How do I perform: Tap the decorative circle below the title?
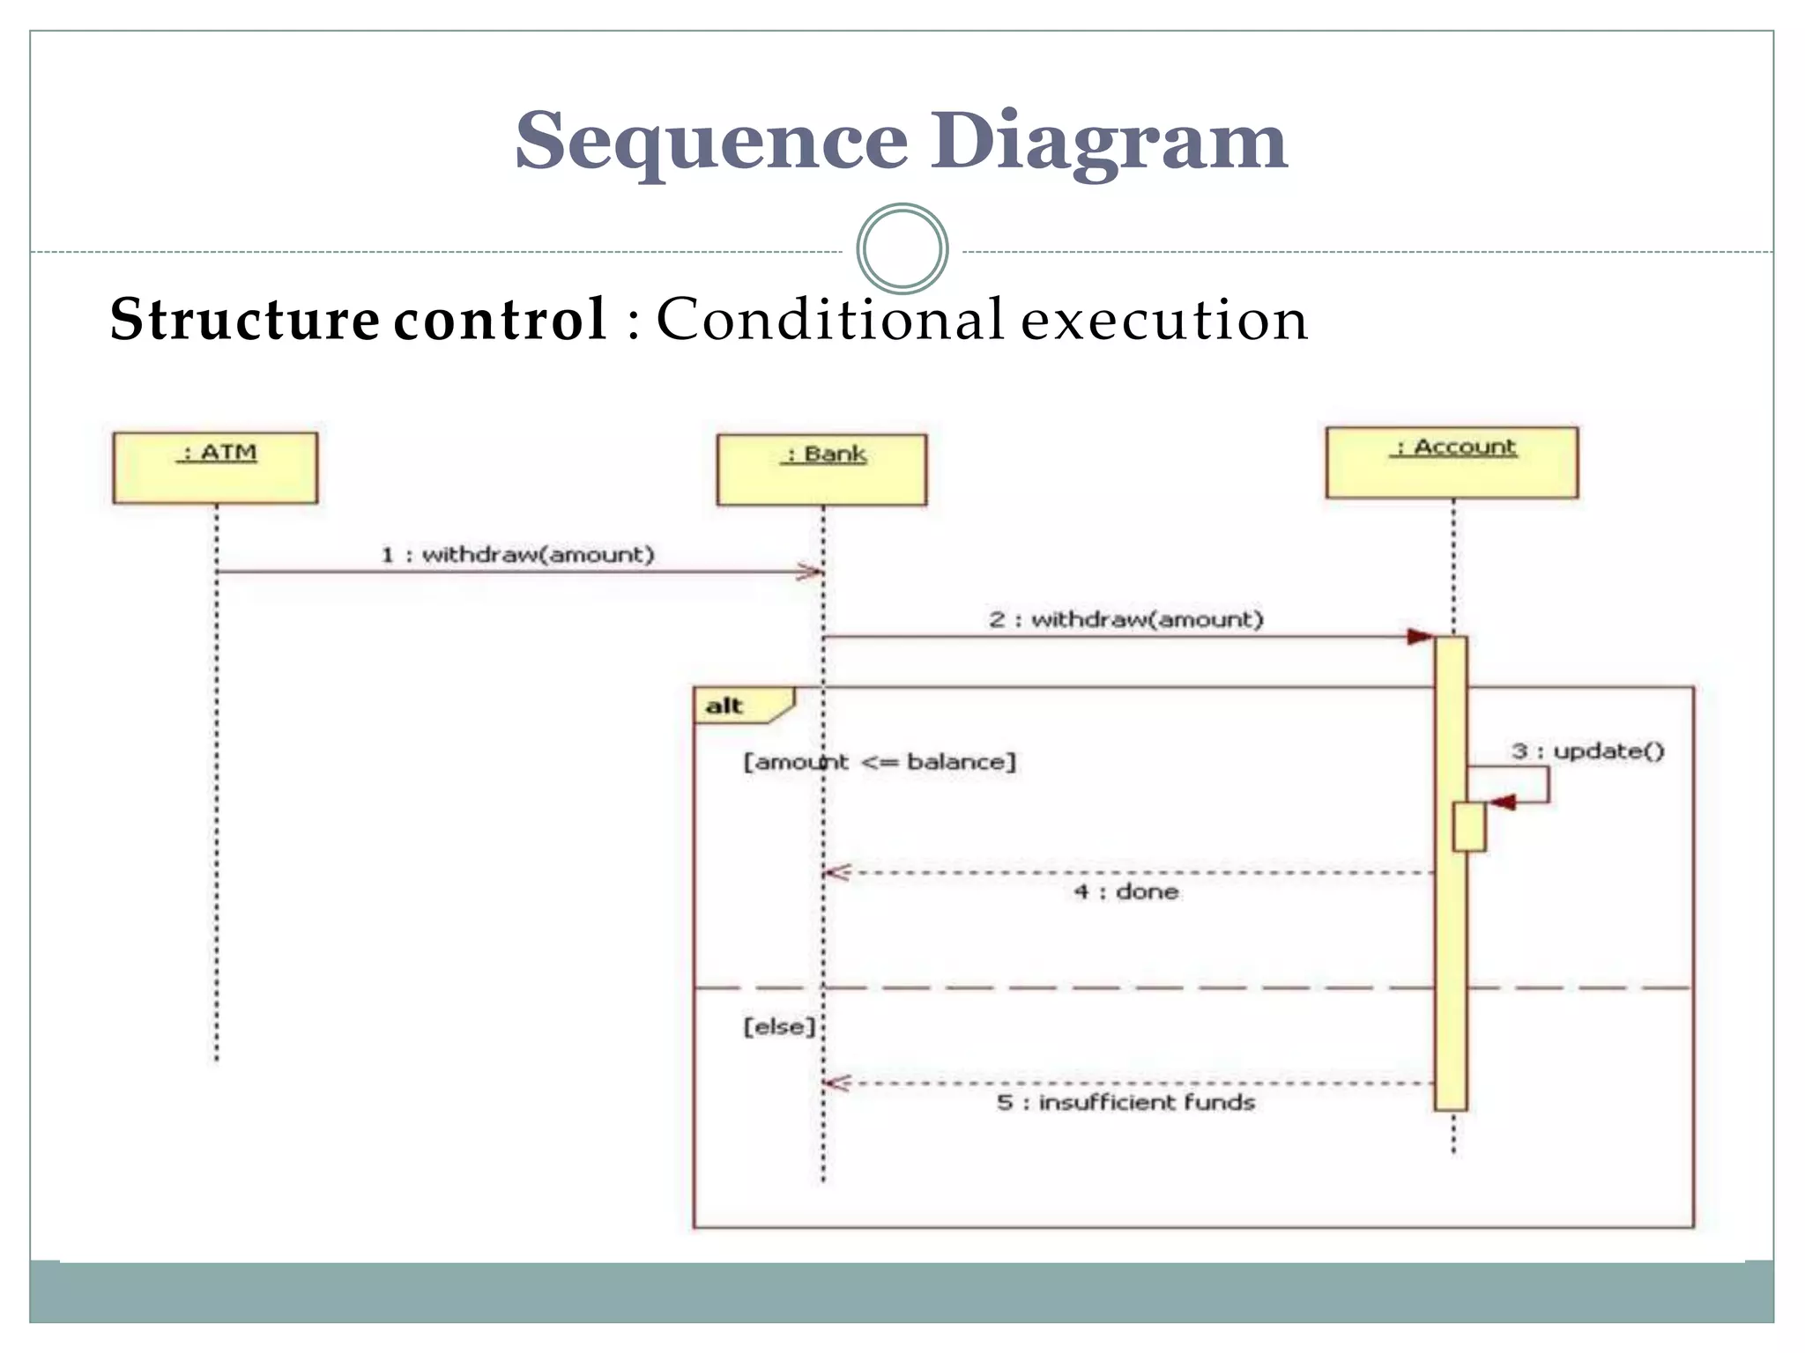coord(902,249)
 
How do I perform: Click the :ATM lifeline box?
coord(215,468)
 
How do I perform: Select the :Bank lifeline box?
coord(821,469)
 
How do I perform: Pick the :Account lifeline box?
coord(1452,462)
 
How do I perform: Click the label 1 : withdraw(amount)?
coord(517,554)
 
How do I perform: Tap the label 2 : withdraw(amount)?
coord(1125,619)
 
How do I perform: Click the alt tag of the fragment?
coord(724,706)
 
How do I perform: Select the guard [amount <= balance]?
coord(879,761)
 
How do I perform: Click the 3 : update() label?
coord(1587,750)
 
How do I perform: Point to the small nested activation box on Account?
coord(1468,826)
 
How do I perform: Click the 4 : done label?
coord(1125,891)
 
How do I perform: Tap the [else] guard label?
coord(779,1026)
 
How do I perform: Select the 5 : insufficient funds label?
coord(1125,1102)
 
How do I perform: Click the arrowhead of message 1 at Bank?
coord(810,572)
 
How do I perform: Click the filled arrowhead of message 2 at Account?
coord(1420,636)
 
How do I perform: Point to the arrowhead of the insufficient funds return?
coord(836,1083)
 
